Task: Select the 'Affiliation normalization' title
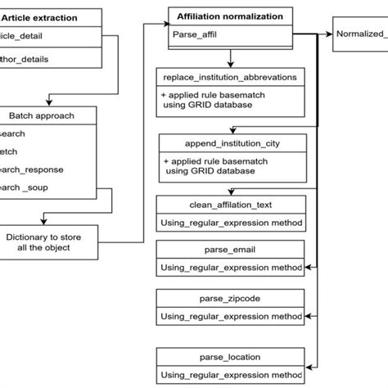231,16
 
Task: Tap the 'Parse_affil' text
196,34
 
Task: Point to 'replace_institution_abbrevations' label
230,77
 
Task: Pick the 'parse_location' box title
230,358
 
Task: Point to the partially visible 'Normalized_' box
361,34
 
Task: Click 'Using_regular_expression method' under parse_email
230,267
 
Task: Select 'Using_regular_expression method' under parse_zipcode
230,315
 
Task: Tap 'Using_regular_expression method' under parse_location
230,375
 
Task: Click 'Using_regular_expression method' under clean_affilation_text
230,222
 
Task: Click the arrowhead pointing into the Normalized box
330,34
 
